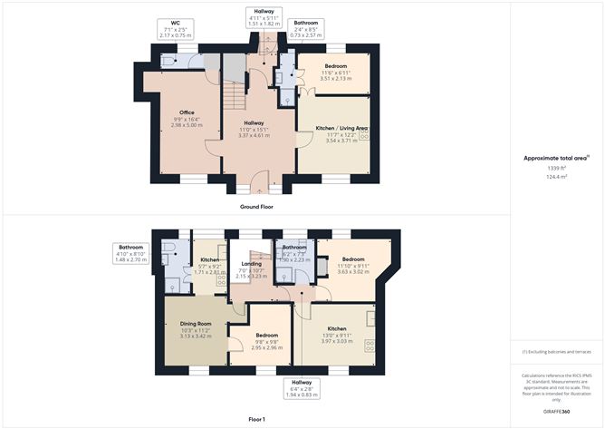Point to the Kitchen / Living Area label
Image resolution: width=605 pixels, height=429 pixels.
click(x=340, y=130)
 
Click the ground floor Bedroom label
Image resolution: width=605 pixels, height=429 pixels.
click(x=335, y=66)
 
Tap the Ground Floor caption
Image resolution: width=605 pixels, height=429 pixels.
click(x=258, y=207)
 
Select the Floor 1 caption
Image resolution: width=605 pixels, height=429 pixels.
click(x=256, y=419)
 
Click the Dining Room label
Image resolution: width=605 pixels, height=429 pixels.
click(x=196, y=324)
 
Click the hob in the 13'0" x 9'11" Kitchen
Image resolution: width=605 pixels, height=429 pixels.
click(x=370, y=344)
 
